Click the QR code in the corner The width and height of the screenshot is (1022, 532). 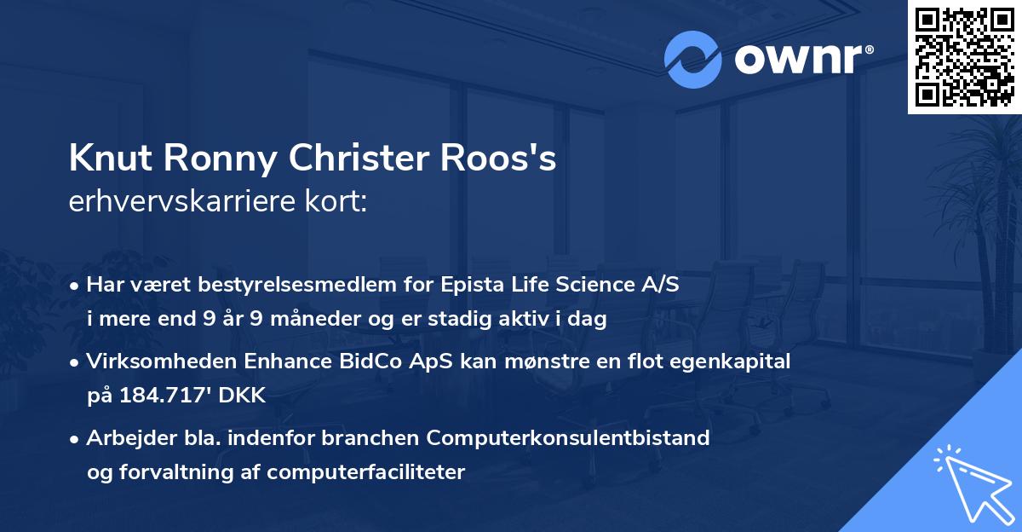click(963, 57)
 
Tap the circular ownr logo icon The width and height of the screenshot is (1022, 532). click(693, 60)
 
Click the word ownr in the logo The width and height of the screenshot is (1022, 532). click(801, 60)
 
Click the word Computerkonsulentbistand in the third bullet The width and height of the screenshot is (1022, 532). click(569, 438)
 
